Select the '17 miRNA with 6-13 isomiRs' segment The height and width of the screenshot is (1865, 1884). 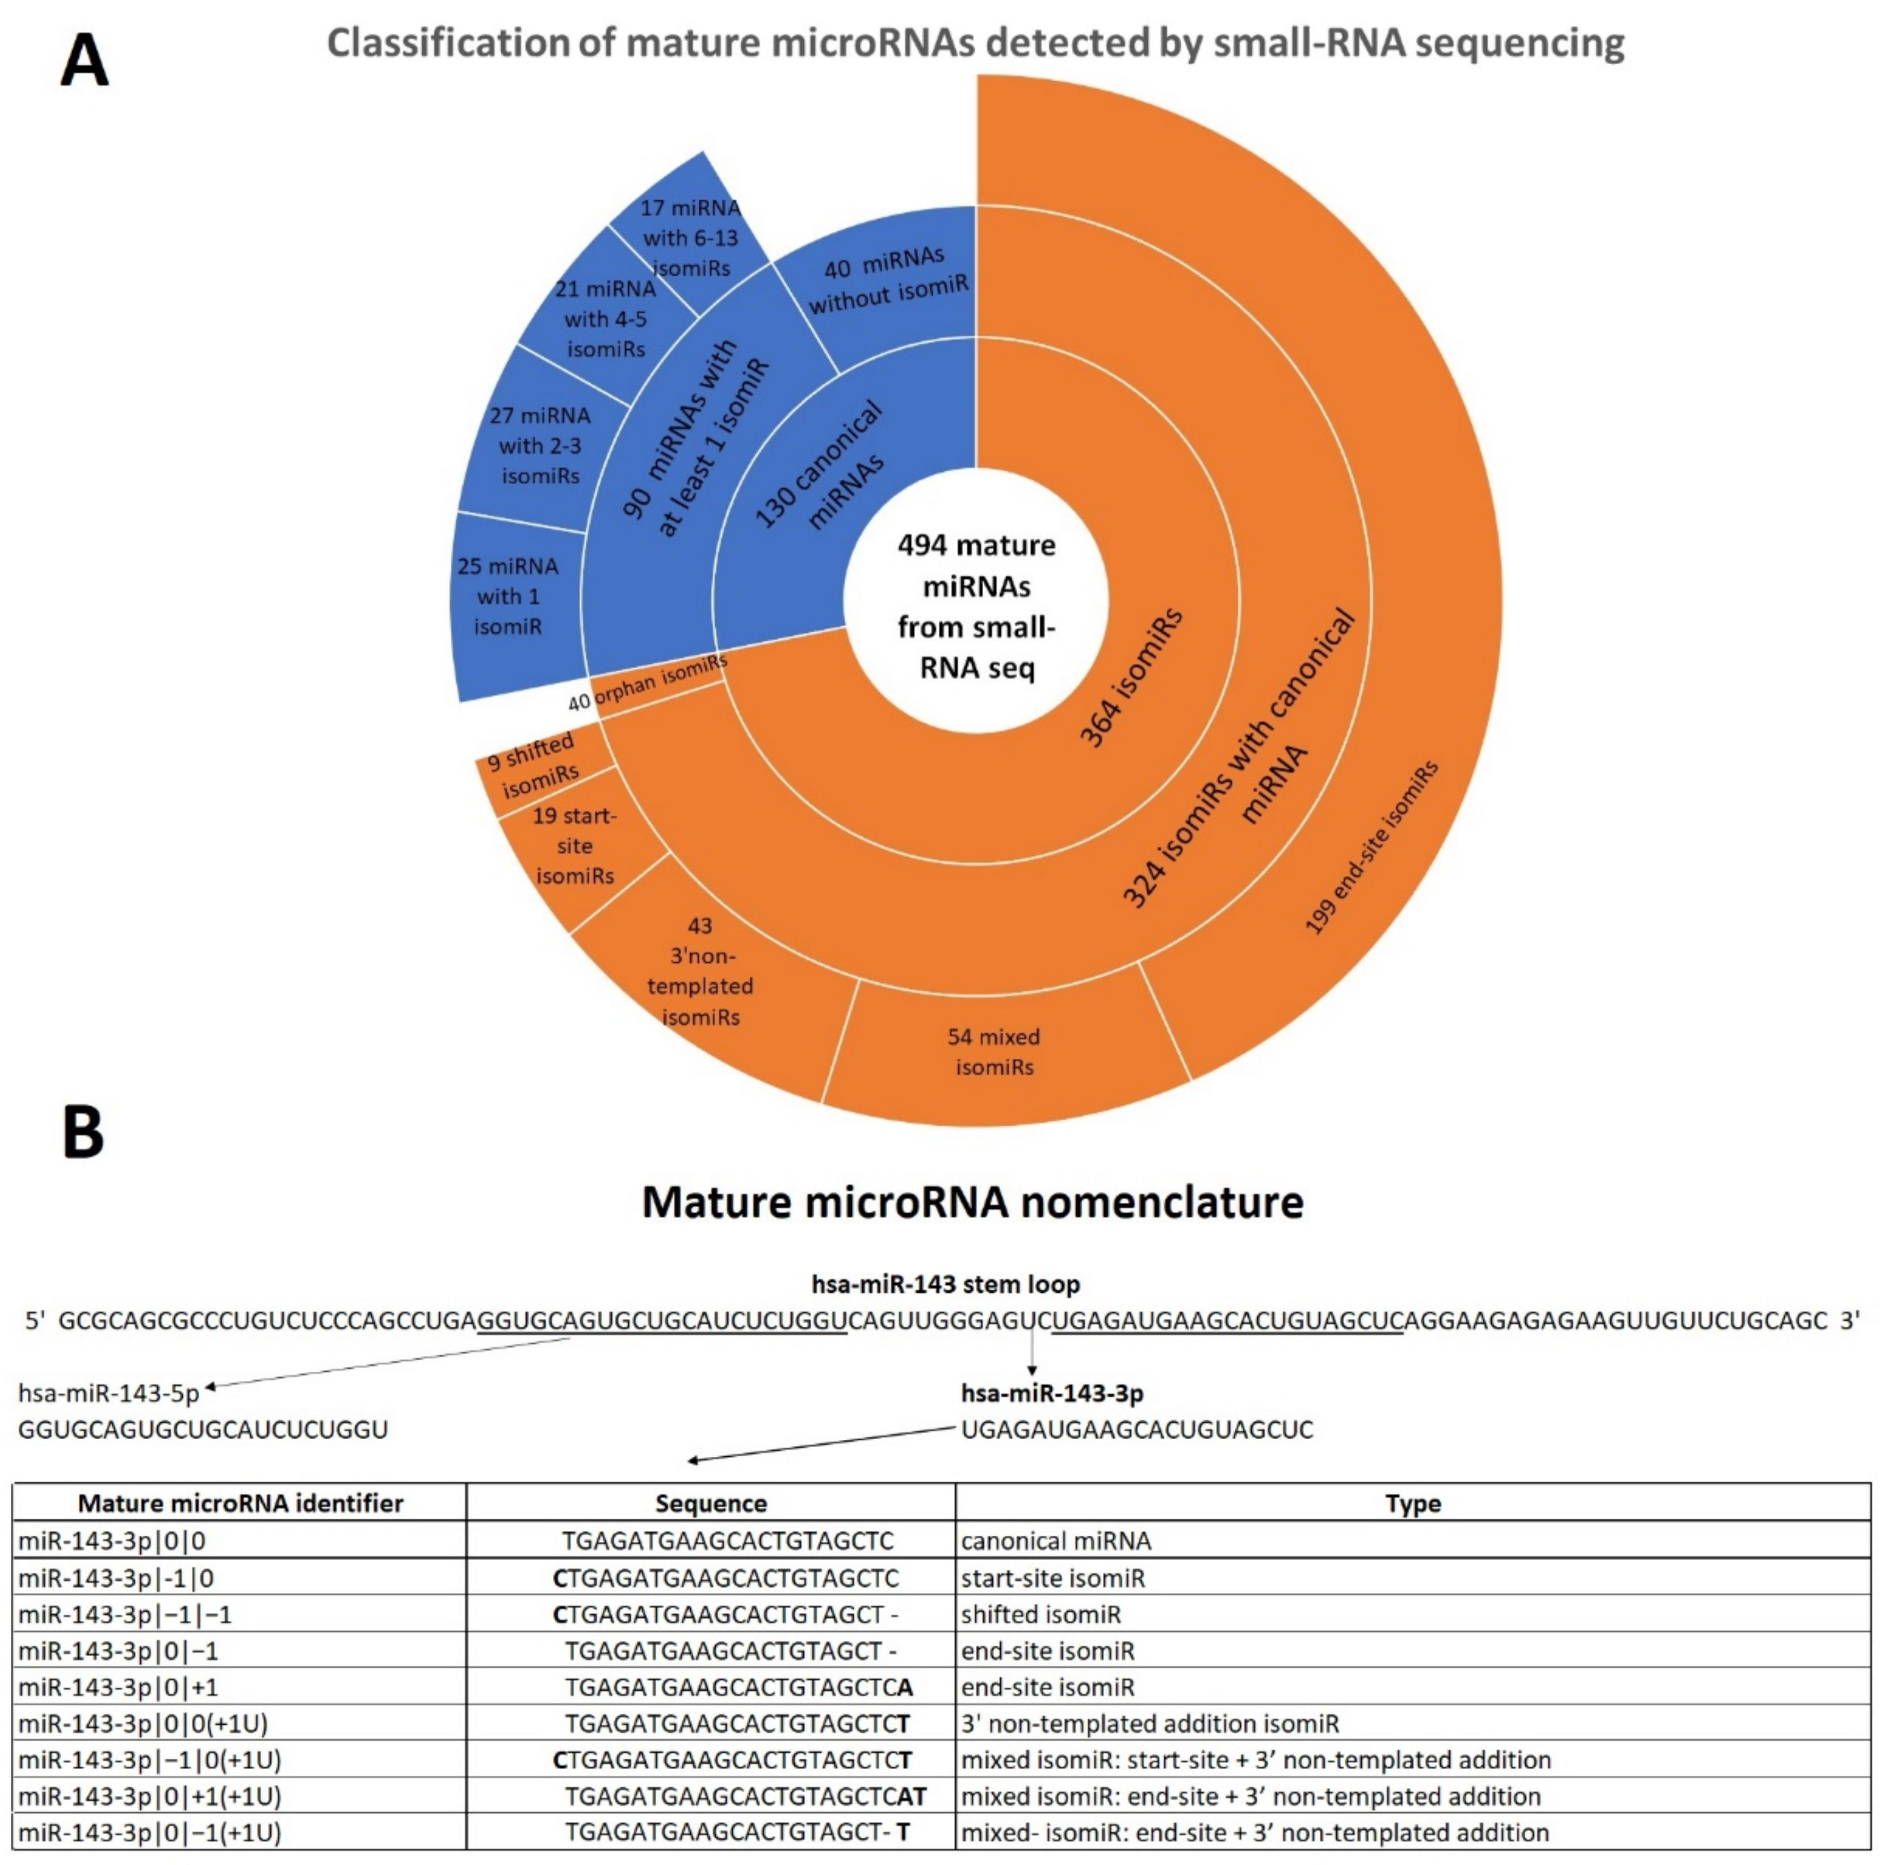point(690,237)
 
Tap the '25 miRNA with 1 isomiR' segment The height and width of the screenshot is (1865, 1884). point(507,596)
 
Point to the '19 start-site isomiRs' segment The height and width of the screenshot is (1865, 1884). point(574,845)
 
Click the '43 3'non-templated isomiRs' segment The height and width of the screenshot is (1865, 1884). point(700,971)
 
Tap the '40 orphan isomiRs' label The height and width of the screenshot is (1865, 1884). point(648,683)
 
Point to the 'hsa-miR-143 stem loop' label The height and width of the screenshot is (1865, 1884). point(945,1284)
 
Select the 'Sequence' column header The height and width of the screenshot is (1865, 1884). point(711,1503)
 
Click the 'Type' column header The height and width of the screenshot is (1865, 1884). point(1412,1503)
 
